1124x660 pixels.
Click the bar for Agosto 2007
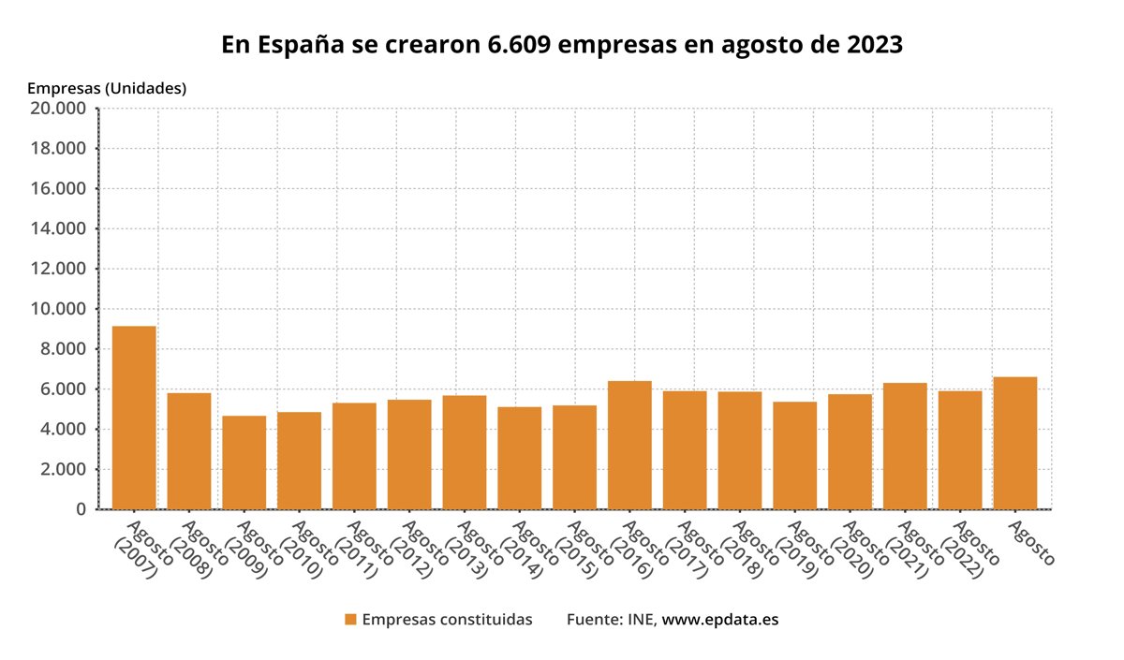tap(134, 418)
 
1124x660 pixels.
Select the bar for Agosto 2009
tap(244, 462)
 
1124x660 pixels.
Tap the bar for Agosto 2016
tap(629, 445)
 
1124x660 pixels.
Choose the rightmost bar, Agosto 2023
tap(1015, 443)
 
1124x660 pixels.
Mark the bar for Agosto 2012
tap(409, 454)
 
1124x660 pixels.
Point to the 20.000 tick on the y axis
tap(59, 109)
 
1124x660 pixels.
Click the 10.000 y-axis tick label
tap(59, 309)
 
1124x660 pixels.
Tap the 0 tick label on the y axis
tap(81, 509)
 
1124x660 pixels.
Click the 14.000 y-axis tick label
tap(59, 228)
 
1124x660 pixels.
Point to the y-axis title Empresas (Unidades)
tap(107, 88)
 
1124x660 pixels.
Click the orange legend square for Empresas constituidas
tap(351, 620)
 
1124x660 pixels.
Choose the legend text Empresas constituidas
tap(447, 620)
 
